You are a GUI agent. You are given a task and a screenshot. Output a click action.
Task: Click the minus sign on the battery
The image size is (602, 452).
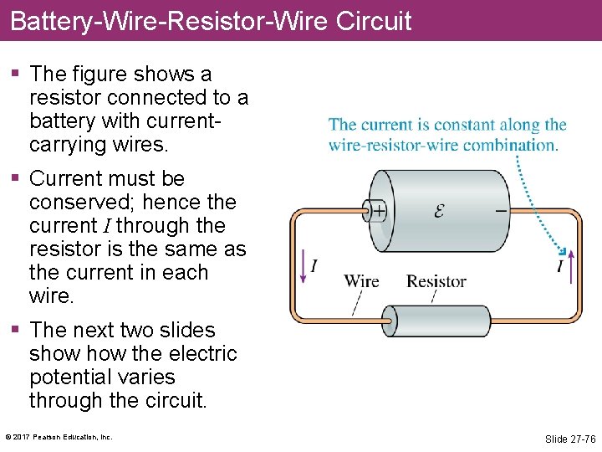pyautogui.click(x=501, y=211)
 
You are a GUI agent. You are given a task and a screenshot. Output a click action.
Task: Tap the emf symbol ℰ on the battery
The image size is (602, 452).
pyautogui.click(x=439, y=211)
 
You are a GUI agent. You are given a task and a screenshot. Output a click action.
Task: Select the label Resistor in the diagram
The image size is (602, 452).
pyautogui.click(x=436, y=281)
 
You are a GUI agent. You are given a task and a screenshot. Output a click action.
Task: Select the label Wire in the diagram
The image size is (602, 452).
pyautogui.click(x=361, y=281)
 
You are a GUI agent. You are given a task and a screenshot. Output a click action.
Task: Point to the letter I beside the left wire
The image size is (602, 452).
pyautogui.click(x=314, y=266)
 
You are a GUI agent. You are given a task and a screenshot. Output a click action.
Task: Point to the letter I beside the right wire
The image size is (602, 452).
pyautogui.click(x=560, y=266)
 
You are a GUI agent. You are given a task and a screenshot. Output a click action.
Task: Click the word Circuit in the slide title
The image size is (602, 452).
pyautogui.click(x=374, y=20)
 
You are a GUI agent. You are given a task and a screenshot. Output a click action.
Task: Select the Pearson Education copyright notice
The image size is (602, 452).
pyautogui.click(x=59, y=437)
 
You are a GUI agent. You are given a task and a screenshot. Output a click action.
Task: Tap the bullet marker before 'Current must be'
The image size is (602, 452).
pyautogui.click(x=16, y=179)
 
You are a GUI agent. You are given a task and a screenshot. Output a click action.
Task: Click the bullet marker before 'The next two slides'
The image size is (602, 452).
pyautogui.click(x=16, y=331)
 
